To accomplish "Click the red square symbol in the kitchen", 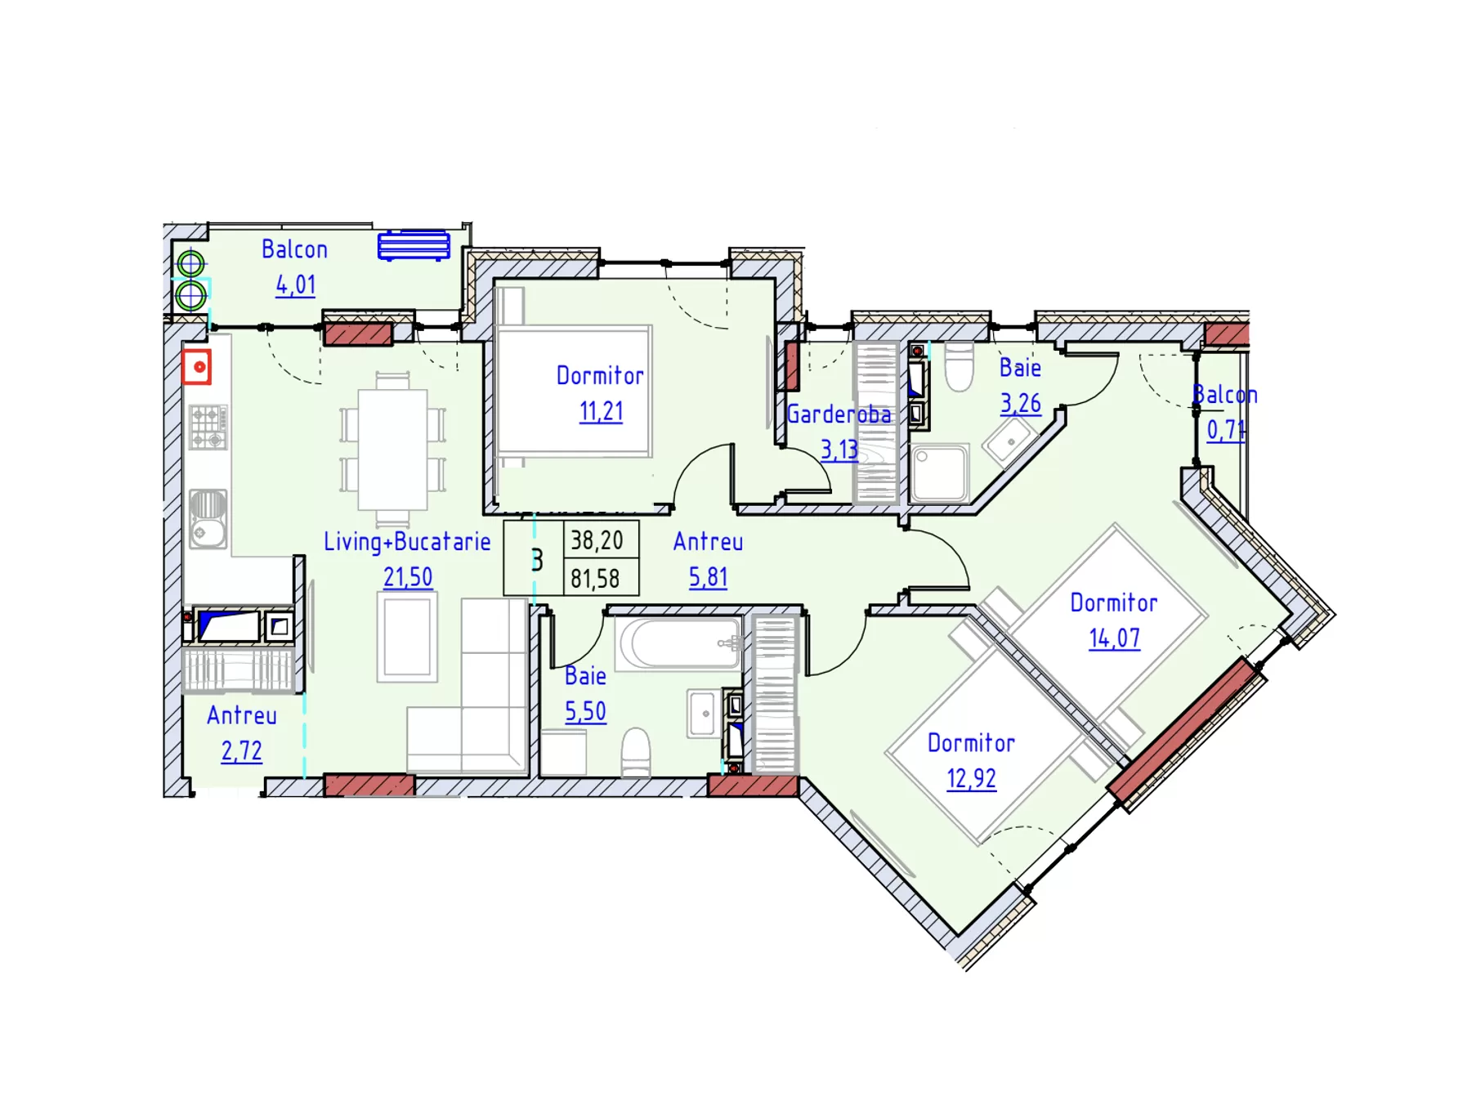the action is pos(197,367).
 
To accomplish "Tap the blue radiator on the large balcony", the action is pos(414,245).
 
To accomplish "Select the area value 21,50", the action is pos(408,577).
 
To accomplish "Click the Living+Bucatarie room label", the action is pos(407,541).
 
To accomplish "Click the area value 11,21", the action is pos(601,411).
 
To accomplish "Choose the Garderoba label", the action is pos(839,414).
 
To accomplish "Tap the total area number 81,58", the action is pos(595,579).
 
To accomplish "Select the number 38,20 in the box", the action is pos(597,540).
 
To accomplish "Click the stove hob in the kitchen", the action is pos(208,428).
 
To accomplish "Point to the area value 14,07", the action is pos(1114,638).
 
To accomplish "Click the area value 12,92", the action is pos(971,778).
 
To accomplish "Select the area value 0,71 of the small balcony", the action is pos(1226,430).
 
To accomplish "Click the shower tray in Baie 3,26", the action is pos(940,472).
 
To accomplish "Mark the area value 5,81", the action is pos(708,577).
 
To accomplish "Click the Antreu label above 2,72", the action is pos(242,715).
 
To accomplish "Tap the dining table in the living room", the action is pos(392,450).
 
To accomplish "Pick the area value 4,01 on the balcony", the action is pos(295,284).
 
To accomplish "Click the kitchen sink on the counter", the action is pos(208,518).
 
